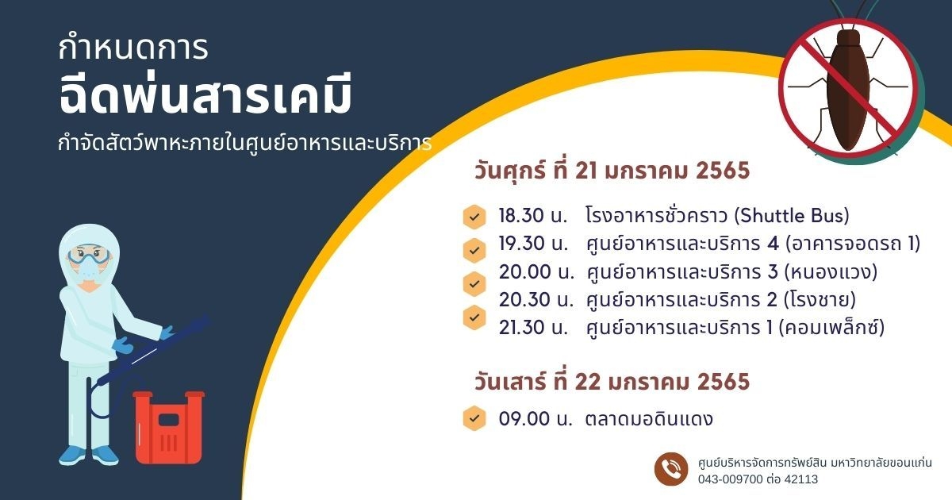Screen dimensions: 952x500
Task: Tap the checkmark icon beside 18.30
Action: coord(474,217)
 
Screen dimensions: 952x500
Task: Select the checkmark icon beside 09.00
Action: coord(474,418)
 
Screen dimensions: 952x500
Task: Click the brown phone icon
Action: coord(671,469)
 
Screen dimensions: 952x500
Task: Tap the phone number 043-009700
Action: coord(731,479)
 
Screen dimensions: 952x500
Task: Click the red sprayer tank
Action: coord(169,427)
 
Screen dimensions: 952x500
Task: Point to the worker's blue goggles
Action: coord(89,256)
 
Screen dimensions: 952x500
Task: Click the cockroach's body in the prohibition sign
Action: coord(848,91)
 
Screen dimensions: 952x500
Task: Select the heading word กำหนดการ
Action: coord(133,48)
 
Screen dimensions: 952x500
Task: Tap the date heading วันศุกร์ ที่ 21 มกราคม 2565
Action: coord(612,171)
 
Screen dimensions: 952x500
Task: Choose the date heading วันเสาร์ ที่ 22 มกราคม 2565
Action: coord(612,382)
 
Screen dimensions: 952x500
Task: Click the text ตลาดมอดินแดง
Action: coord(649,419)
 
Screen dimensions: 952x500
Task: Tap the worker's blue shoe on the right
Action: coord(105,456)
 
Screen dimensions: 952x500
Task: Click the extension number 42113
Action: coord(801,479)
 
